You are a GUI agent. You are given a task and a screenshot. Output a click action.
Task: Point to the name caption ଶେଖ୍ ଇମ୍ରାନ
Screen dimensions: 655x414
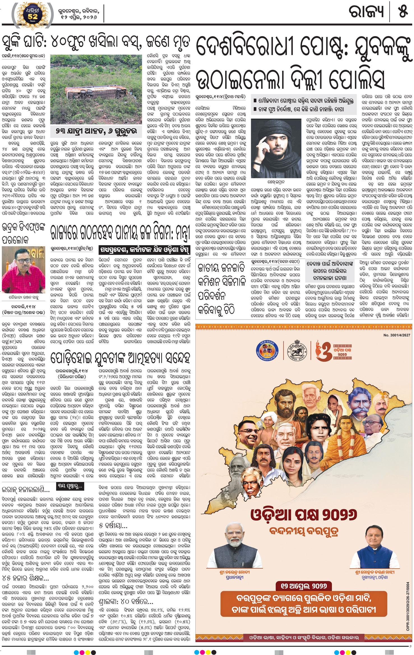tap(276, 182)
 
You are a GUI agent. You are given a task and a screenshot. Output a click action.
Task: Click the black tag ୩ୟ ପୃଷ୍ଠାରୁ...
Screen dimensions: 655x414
tap(70, 486)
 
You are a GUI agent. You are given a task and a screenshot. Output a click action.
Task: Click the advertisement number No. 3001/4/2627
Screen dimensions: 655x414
tap(396, 335)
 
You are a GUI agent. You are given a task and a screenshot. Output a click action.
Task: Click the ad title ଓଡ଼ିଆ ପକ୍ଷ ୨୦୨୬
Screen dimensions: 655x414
tap(304, 514)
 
